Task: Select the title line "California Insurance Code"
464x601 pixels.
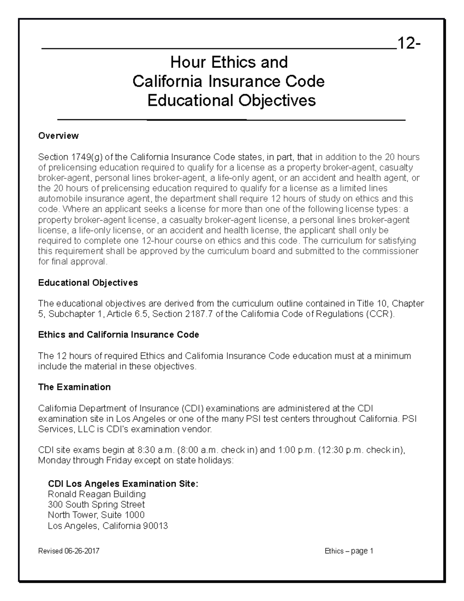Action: coord(229,81)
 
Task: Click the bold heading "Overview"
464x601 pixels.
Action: coord(58,136)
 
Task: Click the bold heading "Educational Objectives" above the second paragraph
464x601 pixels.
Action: coord(88,283)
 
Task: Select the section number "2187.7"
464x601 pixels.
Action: coord(199,314)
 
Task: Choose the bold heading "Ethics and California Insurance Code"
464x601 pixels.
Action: coord(118,335)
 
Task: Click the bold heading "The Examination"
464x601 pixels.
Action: coord(74,387)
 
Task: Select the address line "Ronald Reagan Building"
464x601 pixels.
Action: coord(97,494)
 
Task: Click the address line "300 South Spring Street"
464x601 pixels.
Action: coord(96,505)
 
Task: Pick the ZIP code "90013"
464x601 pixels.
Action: coord(155,526)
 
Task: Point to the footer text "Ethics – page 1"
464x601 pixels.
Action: coord(349,551)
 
